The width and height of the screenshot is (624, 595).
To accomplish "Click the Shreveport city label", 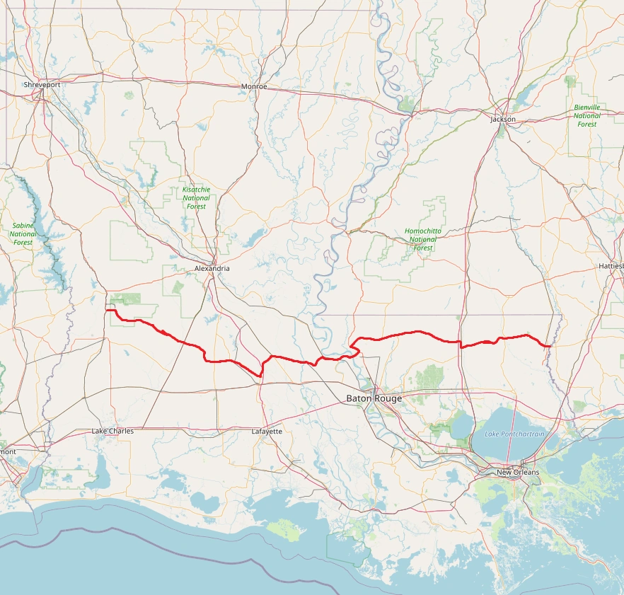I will [x=42, y=84].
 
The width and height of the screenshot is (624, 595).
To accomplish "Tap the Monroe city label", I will [x=254, y=86].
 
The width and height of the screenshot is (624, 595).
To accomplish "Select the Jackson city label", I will [x=503, y=119].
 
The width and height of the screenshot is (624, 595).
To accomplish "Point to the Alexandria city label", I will [x=212, y=269].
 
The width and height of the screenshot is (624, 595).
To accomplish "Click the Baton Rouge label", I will [x=374, y=398].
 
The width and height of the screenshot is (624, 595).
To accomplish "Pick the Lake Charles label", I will [x=112, y=431].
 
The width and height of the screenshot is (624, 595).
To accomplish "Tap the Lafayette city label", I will [x=267, y=431].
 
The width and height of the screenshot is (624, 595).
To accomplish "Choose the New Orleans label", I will [x=517, y=472].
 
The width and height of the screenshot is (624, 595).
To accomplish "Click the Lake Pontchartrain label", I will [x=514, y=434].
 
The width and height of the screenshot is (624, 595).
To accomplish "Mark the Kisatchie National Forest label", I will [x=196, y=198].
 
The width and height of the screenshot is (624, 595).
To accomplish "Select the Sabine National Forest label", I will [x=23, y=233].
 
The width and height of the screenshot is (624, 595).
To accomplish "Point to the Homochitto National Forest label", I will [x=423, y=240].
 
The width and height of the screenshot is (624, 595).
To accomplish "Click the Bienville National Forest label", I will [x=587, y=115].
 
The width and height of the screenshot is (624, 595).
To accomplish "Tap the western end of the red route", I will [x=106, y=310].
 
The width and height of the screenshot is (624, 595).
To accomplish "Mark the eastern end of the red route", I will [x=550, y=345].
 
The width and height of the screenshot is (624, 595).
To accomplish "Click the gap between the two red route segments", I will [x=353, y=345].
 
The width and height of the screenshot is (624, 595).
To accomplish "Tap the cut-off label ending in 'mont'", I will [x=8, y=451].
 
